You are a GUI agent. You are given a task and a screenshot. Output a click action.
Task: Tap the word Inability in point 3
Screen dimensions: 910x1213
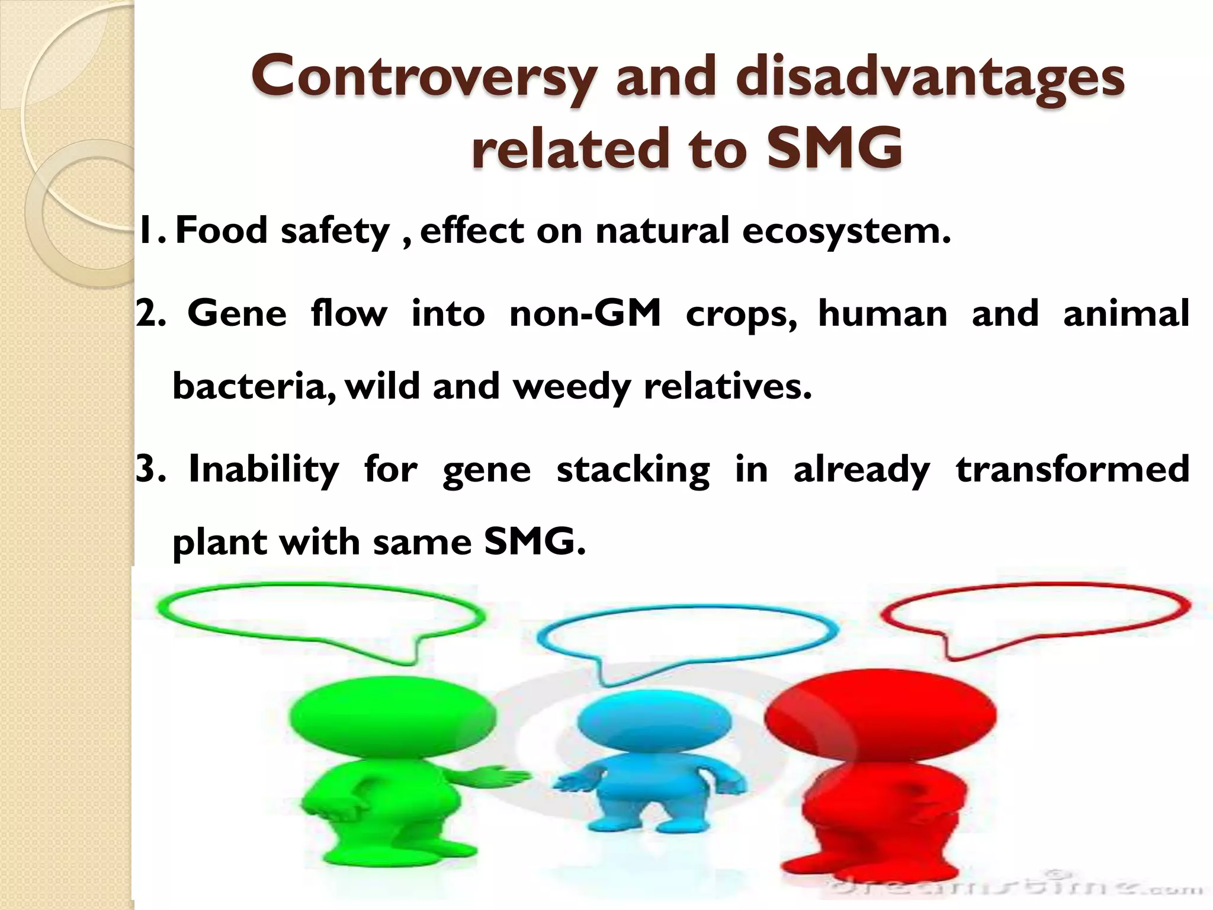click(264, 469)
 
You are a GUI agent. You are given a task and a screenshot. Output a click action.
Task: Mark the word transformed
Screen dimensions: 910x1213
click(1073, 469)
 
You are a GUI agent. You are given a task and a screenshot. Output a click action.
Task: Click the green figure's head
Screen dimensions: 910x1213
click(392, 717)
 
